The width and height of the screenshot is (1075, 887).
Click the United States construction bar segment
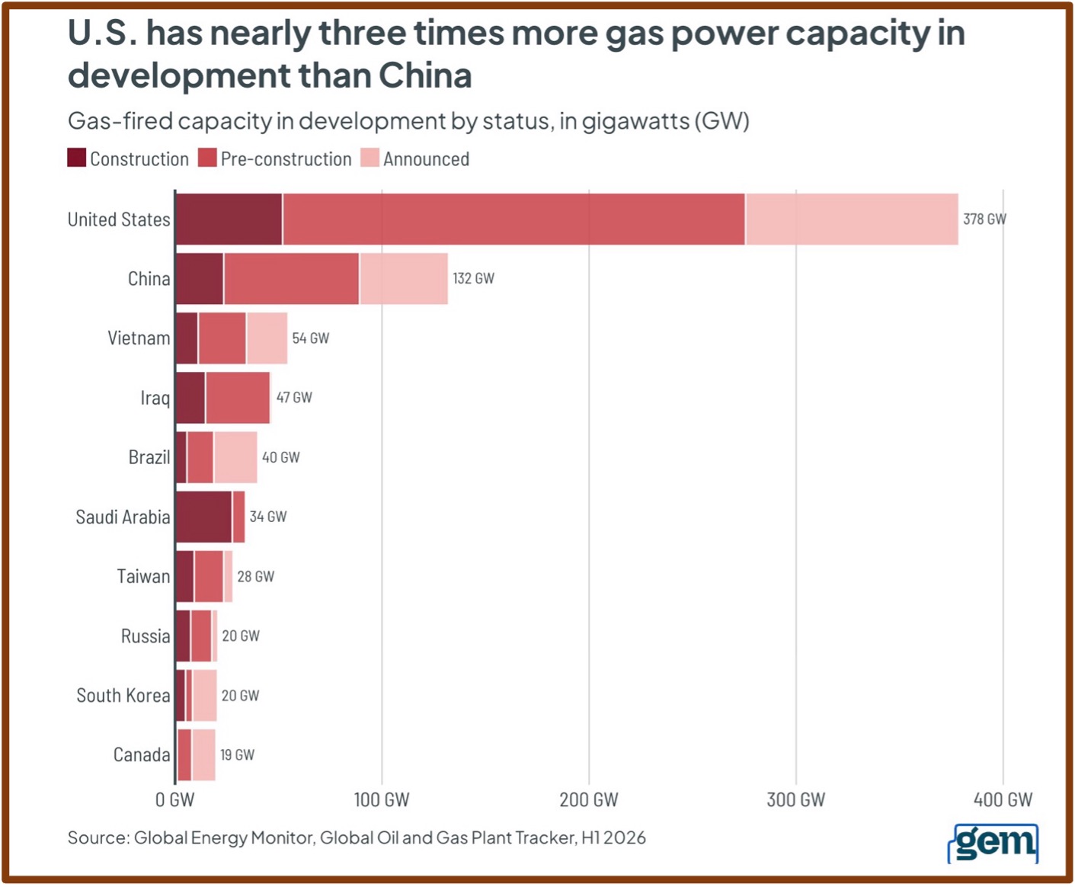229,219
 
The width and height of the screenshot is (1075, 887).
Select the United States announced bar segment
852,219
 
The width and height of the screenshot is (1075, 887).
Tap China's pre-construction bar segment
292,279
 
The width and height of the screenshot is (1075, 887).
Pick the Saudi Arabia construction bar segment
204,517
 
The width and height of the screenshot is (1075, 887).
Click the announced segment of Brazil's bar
236,457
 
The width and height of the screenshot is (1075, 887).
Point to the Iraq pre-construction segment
238,398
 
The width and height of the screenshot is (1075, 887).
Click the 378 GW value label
984,219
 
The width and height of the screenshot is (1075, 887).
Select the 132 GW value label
473,279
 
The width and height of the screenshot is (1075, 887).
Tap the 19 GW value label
238,754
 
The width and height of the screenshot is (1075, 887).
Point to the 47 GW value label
294,398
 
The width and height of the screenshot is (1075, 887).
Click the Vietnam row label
139,338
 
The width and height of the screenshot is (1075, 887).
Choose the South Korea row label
123,696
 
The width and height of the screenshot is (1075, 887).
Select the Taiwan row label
144,576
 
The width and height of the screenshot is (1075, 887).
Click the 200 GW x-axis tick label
589,800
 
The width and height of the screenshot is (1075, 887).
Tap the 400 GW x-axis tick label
1003,800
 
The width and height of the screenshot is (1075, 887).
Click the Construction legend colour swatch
77,158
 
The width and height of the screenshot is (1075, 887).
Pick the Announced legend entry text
427,159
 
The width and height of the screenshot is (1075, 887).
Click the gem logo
993,844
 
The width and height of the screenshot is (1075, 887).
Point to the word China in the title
425,75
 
